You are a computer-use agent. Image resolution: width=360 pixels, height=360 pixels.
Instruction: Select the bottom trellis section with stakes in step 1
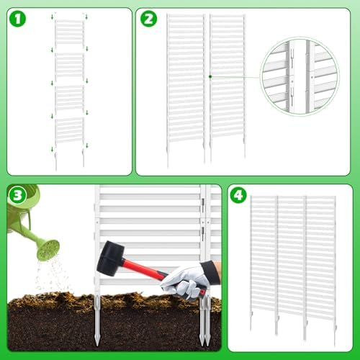pyautogui.click(x=70, y=137)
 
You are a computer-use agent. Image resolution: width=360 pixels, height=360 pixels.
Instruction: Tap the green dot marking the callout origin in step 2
pyautogui.click(x=209, y=75)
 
